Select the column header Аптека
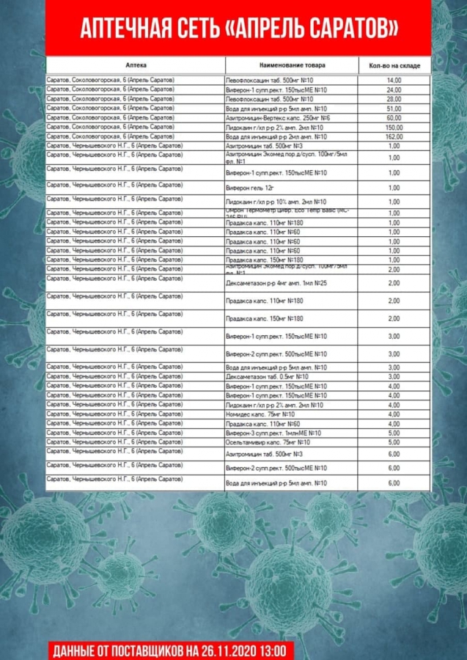tap(136, 65)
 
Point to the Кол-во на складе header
tap(394, 65)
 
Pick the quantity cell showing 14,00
tap(394, 80)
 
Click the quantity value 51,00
tap(394, 108)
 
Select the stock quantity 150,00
tap(394, 127)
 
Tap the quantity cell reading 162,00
tap(394, 136)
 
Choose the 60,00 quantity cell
tap(394, 117)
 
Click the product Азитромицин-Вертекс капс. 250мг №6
tap(278, 117)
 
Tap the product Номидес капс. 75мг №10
tap(260, 414)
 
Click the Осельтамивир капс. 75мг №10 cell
tap(268, 442)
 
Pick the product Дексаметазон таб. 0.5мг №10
tap(267, 376)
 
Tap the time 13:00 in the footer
tap(277, 650)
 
